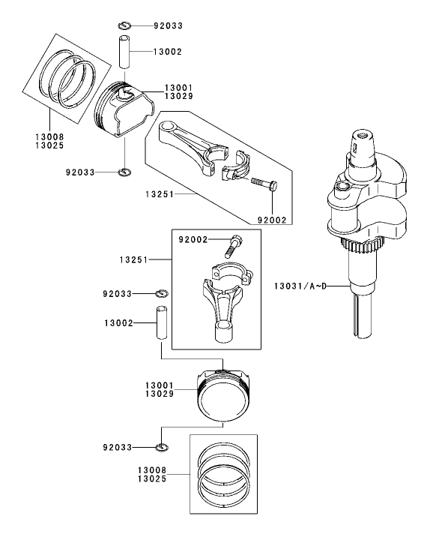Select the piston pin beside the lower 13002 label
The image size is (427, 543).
[x=160, y=322]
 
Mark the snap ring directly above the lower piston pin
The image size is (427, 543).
[x=162, y=292]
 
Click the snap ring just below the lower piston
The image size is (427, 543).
[x=161, y=448]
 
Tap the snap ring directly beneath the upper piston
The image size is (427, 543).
[x=125, y=173]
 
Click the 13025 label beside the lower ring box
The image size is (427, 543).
[x=154, y=478]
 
